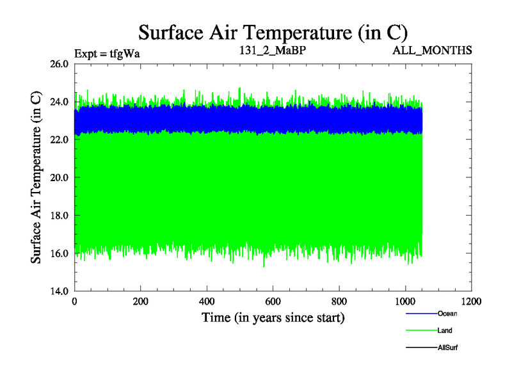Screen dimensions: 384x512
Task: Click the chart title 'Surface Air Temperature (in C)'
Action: tap(273, 31)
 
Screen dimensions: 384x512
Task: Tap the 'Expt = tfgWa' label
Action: tap(107, 53)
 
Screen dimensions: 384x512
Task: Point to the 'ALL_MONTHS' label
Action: tap(433, 50)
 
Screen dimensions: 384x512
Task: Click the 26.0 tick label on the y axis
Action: tap(57, 64)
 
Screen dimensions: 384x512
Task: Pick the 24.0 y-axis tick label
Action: tap(57, 102)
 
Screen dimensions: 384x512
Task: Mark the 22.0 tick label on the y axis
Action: tap(57, 140)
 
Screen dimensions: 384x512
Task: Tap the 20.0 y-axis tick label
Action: tap(57, 177)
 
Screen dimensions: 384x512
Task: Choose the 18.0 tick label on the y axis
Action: tap(57, 215)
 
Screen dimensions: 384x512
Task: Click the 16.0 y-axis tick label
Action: tap(57, 253)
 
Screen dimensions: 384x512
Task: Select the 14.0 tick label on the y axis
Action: tap(57, 291)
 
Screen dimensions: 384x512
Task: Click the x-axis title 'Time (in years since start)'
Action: tap(273, 317)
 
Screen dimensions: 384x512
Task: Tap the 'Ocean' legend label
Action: tap(447, 314)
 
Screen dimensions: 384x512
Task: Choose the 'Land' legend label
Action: tap(445, 330)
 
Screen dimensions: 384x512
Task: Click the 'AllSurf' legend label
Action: tap(447, 347)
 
